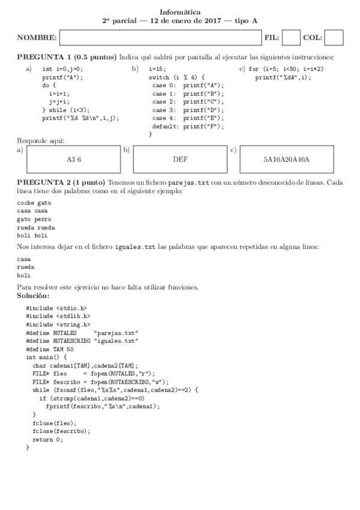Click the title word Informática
pos(180,11)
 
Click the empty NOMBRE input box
pos(160,38)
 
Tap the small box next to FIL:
pos(291,38)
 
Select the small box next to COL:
pos(334,38)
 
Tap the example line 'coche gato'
pos(34,203)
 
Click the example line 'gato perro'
pos(34,220)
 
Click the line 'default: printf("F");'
pos(188,127)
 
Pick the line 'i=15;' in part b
pos(157,69)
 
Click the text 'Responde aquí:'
pos(40,141)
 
